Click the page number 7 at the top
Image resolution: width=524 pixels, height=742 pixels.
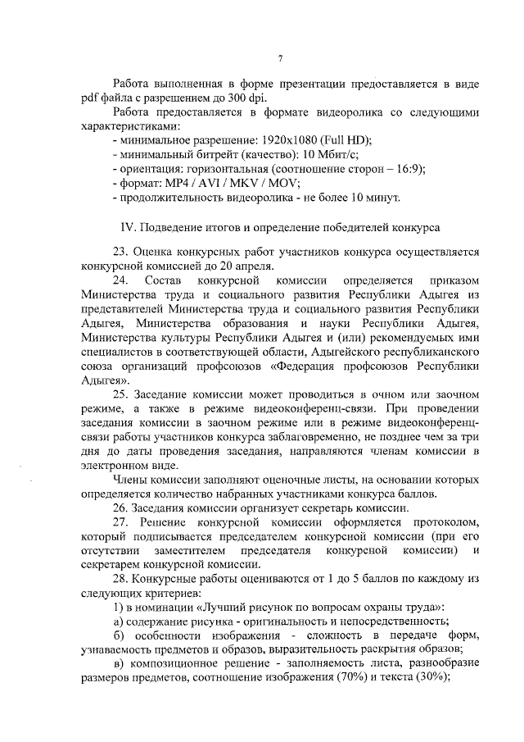coord(280,58)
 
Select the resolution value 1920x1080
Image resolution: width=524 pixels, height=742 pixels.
coord(283,139)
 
